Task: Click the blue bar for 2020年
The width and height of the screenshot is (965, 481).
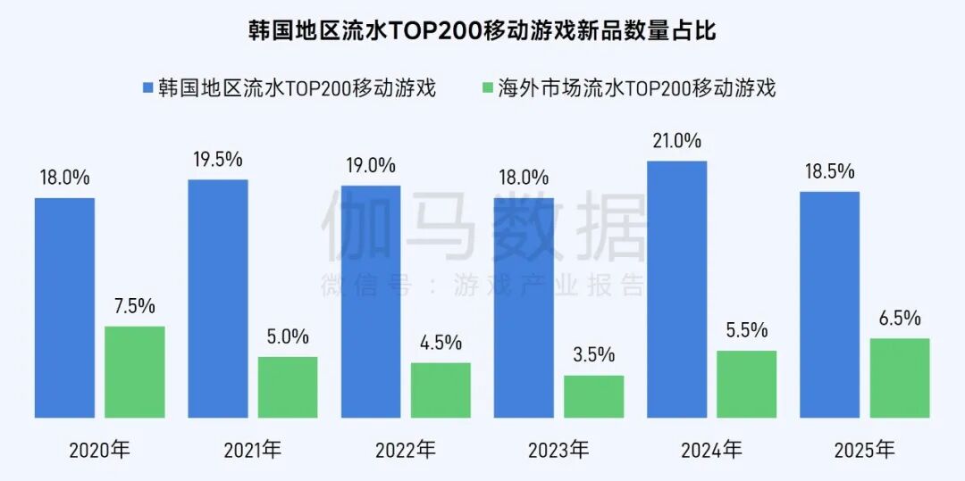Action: [64, 308]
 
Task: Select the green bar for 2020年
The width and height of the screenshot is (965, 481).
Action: [135, 372]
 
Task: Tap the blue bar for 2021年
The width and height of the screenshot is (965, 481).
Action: [218, 299]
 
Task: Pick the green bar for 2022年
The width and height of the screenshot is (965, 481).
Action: [441, 390]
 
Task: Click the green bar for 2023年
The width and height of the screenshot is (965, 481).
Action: [594, 396]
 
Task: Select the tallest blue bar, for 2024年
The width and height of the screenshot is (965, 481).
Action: [677, 289]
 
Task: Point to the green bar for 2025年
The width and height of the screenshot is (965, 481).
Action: [900, 377]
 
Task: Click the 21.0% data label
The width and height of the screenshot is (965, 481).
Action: [677, 140]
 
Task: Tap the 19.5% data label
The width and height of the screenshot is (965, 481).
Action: [218, 159]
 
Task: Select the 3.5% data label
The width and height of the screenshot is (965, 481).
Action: [593, 354]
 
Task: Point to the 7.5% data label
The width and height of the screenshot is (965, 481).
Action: [134, 306]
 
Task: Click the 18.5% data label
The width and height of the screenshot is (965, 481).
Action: [830, 171]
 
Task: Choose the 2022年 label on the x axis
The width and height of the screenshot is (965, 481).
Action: [406, 450]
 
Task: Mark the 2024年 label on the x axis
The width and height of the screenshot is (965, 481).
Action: [711, 450]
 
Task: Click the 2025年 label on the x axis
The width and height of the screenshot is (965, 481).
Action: [864, 450]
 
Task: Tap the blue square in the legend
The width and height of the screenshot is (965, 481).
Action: [148, 87]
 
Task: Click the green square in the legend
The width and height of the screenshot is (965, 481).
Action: [487, 87]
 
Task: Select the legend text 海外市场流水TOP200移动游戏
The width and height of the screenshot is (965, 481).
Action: [637, 87]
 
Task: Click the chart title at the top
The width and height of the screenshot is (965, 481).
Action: [482, 31]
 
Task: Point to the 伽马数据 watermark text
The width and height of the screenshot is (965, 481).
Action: [482, 225]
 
